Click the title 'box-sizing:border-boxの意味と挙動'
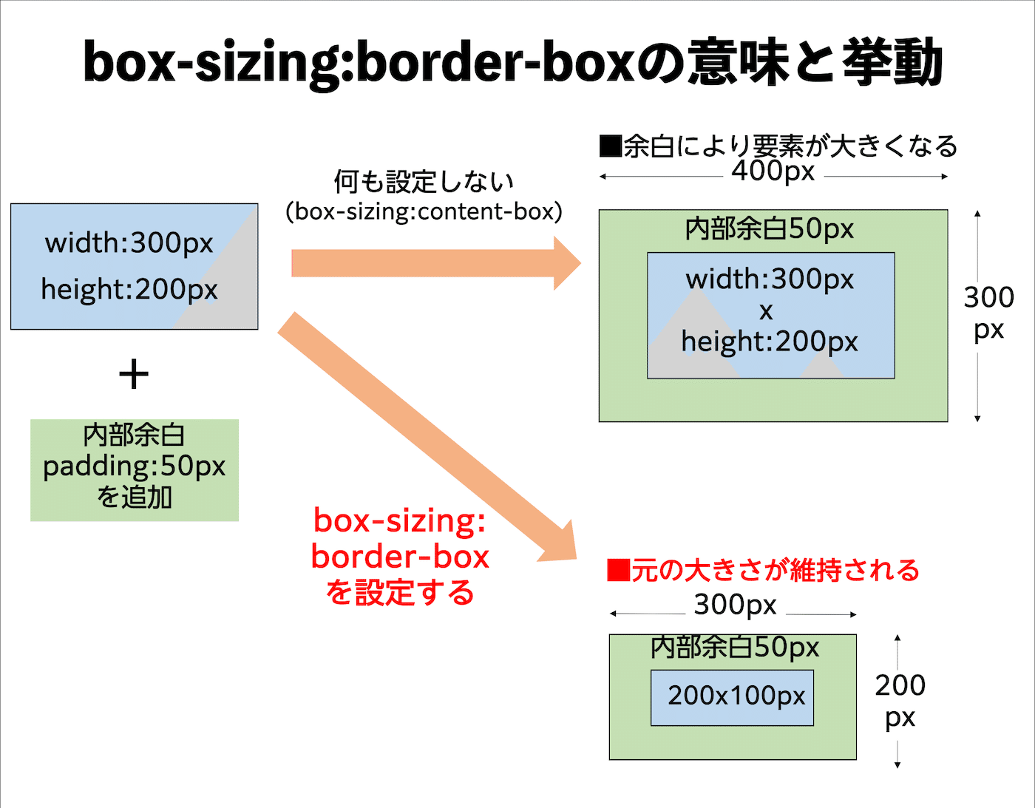tap(512, 63)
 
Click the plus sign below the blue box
tap(134, 374)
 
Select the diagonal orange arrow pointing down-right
tap(425, 436)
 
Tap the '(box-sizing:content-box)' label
tap(424, 212)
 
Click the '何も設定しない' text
tap(424, 181)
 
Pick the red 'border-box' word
tap(400, 557)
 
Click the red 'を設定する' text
tap(400, 592)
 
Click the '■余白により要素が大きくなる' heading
tap(778, 146)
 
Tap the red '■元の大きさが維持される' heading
tap(763, 570)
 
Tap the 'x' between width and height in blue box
tap(766, 311)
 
